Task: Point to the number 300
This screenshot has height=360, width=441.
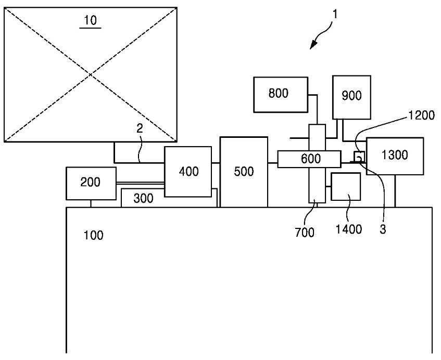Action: pyautogui.click(x=143, y=198)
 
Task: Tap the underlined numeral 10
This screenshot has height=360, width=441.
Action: pyautogui.click(x=90, y=20)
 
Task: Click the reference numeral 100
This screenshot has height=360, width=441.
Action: pyautogui.click(x=93, y=235)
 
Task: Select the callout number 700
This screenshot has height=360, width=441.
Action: pyautogui.click(x=305, y=233)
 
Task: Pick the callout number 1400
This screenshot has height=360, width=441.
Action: pyautogui.click(x=349, y=229)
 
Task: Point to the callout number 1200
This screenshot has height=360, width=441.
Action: pyautogui.click(x=421, y=115)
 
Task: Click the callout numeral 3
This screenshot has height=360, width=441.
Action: pyautogui.click(x=383, y=229)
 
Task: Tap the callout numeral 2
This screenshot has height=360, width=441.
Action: pyautogui.click(x=140, y=128)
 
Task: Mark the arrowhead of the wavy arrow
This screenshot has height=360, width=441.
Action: pyautogui.click(x=313, y=45)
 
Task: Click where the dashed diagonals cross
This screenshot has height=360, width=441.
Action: pyautogui.click(x=91, y=74)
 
